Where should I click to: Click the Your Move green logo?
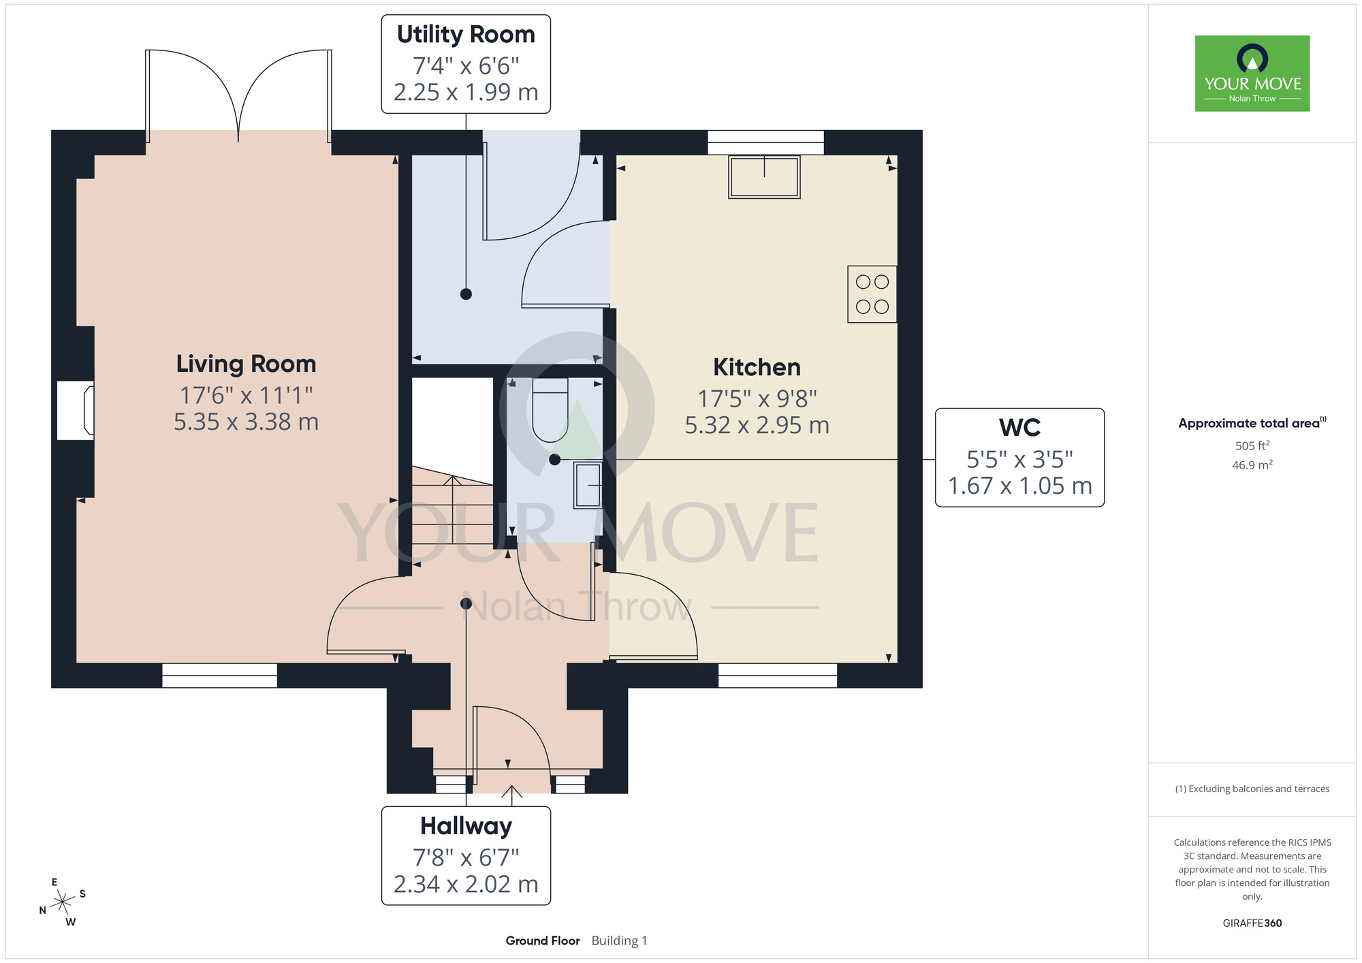coord(1252,74)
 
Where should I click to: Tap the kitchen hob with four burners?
coord(872,294)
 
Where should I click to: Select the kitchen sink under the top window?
coord(764,177)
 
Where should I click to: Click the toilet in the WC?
coord(550,411)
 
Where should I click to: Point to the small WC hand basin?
coord(588,485)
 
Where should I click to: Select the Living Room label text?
coord(246,364)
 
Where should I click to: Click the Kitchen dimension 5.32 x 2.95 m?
coord(757,425)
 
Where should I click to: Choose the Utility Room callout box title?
coord(466,34)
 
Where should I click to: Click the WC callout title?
coord(1019,428)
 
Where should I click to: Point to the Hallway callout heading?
coord(466,825)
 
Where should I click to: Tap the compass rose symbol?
coord(63,902)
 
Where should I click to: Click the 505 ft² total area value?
coord(1252,445)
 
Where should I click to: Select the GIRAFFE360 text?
coord(1252,923)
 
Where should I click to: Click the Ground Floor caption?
coord(542,941)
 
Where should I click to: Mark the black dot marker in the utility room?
coord(466,294)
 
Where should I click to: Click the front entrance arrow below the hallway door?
coord(511,791)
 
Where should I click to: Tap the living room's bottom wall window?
coord(219,675)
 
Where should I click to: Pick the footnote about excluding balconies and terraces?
coord(1252,789)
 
